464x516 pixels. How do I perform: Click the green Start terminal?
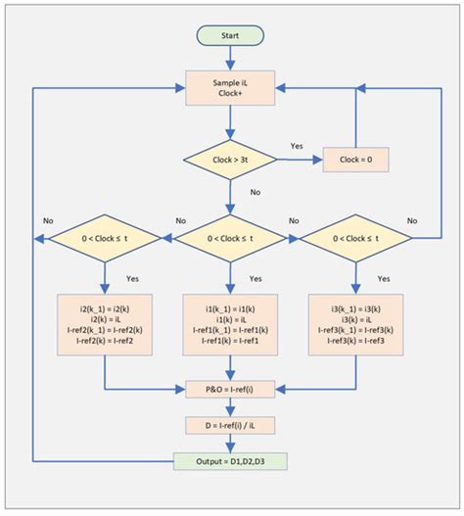point(229,35)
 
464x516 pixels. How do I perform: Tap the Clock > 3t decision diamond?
point(229,158)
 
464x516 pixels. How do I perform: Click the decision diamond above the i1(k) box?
point(229,236)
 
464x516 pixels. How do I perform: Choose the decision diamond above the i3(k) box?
point(354,236)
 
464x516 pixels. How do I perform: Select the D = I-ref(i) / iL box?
point(229,425)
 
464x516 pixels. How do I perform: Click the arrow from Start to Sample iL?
point(229,58)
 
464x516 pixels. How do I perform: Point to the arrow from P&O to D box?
point(229,406)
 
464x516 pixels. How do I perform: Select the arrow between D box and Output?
point(229,443)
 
